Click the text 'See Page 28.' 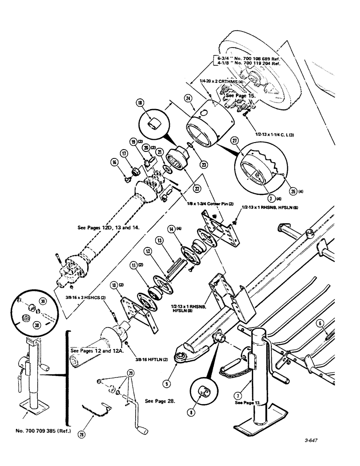pos(160,400)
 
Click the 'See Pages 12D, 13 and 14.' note pos(111,228)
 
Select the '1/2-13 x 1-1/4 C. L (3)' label pos(276,134)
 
